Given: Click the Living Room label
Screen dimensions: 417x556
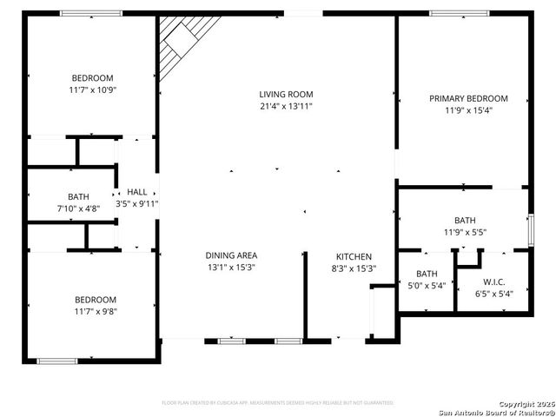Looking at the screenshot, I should (x=286, y=94).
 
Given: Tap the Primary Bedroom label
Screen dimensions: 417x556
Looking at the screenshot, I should (x=468, y=98).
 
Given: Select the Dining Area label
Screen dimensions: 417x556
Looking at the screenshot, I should (x=230, y=255).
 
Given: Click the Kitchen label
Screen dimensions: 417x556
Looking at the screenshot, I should (x=354, y=256).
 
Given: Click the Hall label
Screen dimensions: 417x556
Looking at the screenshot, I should (x=137, y=192).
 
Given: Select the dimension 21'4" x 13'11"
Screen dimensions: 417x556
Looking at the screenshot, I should (x=286, y=106).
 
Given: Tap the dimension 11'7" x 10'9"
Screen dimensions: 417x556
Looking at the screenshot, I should (x=92, y=89).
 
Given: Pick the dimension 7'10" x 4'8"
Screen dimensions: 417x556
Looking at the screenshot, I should (x=78, y=208).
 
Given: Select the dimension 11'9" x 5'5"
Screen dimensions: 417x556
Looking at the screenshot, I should (x=465, y=232).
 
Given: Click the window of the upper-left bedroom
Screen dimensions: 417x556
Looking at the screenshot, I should (x=90, y=13).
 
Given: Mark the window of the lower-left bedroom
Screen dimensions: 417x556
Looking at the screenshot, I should (x=57, y=361).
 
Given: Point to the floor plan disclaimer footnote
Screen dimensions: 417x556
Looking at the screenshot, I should (x=278, y=403).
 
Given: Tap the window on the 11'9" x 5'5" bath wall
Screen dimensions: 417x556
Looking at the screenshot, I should (x=531, y=229).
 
